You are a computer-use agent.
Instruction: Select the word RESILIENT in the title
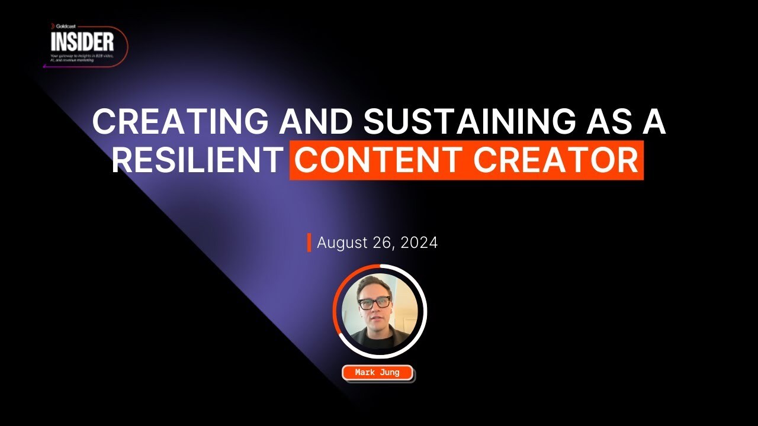pyautogui.click(x=196, y=160)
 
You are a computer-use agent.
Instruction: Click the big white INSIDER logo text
pyautogui.click(x=82, y=43)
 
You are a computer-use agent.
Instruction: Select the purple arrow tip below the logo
pyautogui.click(x=45, y=66)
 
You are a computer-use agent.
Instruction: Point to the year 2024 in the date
pyautogui.click(x=419, y=243)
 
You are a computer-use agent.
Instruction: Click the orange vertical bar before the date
pyautogui.click(x=309, y=243)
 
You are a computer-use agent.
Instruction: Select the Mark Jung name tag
pyautogui.click(x=377, y=373)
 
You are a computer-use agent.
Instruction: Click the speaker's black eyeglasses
pyautogui.click(x=374, y=302)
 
